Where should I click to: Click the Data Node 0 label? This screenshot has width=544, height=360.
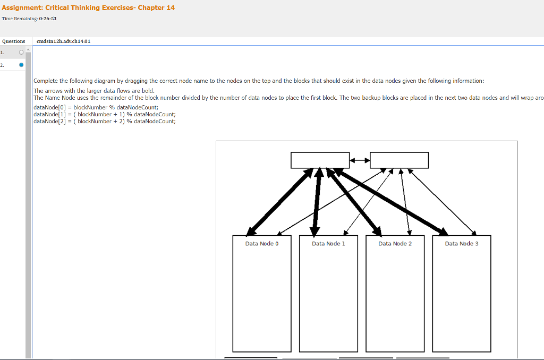(261, 244)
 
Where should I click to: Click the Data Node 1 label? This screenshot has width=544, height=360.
(328, 244)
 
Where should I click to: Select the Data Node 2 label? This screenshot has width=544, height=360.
(395, 244)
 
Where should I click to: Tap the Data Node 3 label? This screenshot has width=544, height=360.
(461, 244)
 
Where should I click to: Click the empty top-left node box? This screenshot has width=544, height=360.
(320, 160)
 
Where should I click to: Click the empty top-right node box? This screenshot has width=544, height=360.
(399, 160)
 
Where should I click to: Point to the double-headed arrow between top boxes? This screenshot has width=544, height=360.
(360, 160)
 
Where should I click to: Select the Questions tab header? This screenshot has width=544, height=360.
(14, 41)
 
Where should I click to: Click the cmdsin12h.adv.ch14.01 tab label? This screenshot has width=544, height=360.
(63, 41)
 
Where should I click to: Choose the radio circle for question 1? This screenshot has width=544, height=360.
(20, 53)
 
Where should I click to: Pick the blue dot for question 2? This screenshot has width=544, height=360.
(21, 65)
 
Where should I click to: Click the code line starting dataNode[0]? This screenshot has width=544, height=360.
(96, 107)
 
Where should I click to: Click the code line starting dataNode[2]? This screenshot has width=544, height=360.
(104, 121)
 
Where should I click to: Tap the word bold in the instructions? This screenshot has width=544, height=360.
(147, 91)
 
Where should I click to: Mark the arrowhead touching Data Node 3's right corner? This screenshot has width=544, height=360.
(474, 233)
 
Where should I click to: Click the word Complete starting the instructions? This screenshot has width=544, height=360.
(45, 81)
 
